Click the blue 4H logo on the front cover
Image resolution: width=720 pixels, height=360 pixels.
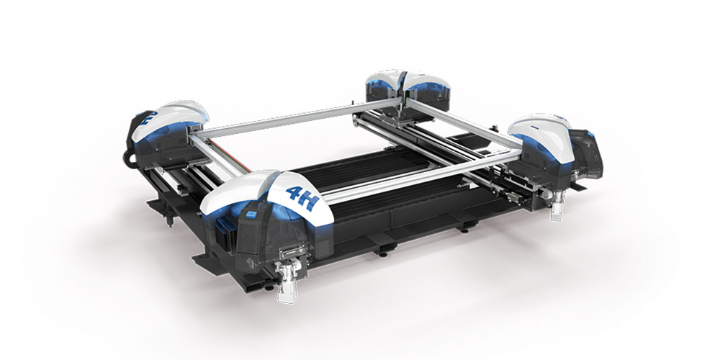tap(302, 198)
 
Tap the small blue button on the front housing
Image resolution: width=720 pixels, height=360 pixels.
tap(251, 215)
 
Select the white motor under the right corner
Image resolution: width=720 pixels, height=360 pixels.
tap(557, 210)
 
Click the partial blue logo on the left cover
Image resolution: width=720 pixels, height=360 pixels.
tap(149, 118)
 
